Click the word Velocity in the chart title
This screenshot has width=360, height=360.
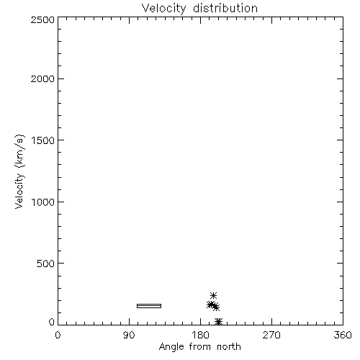(163, 9)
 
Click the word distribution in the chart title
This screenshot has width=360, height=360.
(225, 8)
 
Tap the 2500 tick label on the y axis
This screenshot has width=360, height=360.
(42, 19)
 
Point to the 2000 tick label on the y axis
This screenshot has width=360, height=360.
(42, 78)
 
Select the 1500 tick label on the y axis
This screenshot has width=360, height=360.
(43, 140)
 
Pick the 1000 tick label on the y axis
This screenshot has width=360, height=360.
(43, 202)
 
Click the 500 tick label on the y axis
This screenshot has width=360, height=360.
(46, 264)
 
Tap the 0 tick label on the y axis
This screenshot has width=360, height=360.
(52, 322)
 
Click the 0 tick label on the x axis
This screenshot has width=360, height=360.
(58, 335)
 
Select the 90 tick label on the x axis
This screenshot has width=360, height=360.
(129, 335)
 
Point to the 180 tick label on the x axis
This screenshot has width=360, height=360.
(200, 335)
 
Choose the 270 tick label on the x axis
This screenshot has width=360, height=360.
(271, 335)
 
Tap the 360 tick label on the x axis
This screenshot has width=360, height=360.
(343, 335)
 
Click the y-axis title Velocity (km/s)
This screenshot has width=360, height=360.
(19, 171)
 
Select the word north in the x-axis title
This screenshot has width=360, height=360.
(229, 346)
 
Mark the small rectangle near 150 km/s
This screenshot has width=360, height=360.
(149, 306)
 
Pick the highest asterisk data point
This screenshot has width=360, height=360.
(213, 295)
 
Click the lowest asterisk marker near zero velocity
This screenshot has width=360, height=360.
(219, 322)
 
